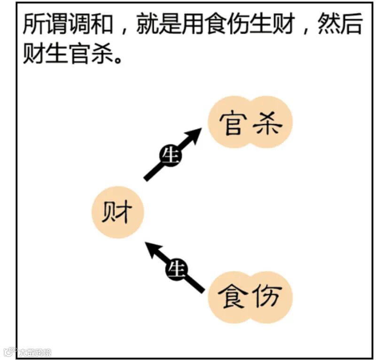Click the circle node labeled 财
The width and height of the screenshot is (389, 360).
(x=117, y=213)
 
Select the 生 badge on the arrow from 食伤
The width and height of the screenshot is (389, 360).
(x=176, y=270)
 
